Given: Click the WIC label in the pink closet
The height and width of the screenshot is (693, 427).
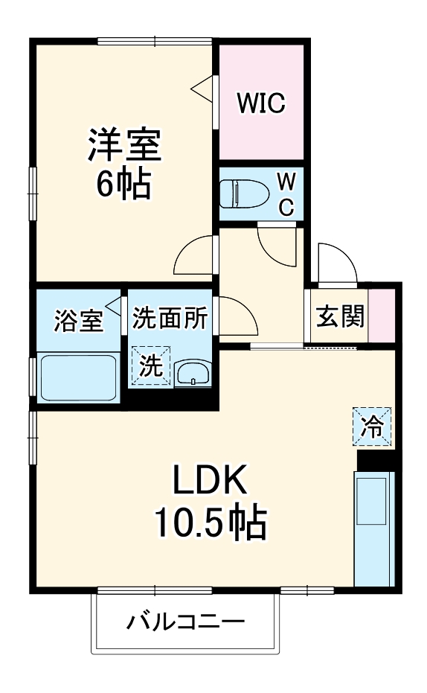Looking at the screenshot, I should tap(261, 103).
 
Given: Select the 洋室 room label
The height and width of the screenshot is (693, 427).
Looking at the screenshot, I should tap(125, 144).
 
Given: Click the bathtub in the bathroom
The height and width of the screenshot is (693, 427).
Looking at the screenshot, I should tap(78, 378).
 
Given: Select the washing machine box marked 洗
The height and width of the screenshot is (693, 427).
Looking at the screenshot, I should tap(151, 365).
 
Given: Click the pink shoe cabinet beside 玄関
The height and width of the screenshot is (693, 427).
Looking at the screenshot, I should tap(382, 313).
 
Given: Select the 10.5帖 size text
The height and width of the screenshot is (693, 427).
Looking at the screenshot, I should tap(210, 526).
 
